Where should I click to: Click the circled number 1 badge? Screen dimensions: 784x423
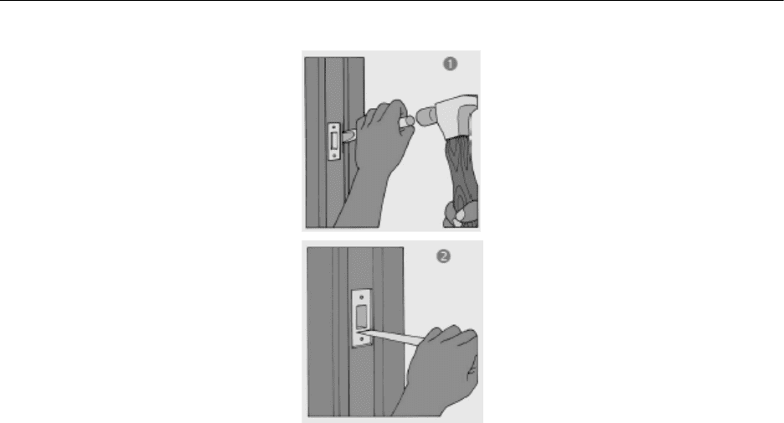(x=450, y=64)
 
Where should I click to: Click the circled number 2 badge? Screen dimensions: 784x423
(x=443, y=256)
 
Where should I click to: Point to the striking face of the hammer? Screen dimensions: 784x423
(x=420, y=116)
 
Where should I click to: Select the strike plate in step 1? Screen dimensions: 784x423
(x=334, y=142)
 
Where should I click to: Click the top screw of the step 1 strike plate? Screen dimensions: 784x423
(x=334, y=127)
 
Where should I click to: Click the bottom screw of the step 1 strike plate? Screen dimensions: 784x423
(x=334, y=156)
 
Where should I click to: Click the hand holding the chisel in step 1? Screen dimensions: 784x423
(x=383, y=134)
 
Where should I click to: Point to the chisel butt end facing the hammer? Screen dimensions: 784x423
(x=408, y=121)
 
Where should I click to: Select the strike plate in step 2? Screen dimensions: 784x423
(x=362, y=318)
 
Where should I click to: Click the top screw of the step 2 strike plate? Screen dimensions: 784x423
(x=362, y=297)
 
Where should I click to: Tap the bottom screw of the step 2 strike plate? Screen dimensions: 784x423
(x=363, y=339)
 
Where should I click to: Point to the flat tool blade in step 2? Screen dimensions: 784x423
(x=393, y=336)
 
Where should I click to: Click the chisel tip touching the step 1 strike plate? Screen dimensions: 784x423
(x=345, y=135)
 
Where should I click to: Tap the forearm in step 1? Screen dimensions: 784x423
(x=358, y=200)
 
